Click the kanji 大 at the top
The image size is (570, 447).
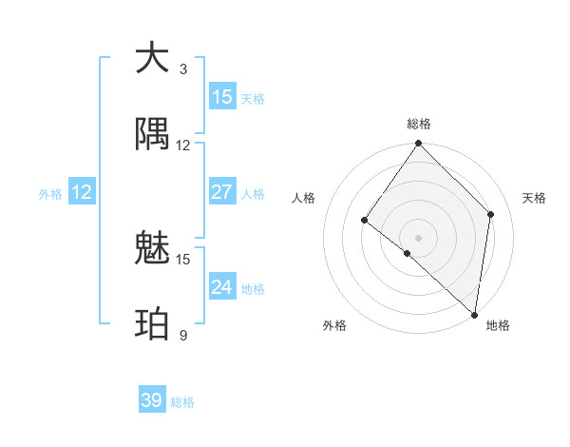152,58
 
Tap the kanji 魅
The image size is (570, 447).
152,248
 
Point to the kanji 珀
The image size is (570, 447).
152,324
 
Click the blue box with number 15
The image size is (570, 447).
222,97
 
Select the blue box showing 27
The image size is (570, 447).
222,192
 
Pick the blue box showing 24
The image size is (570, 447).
222,287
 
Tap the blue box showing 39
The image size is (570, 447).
152,400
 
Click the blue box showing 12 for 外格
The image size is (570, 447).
82,192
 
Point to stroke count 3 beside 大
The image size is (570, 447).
183,69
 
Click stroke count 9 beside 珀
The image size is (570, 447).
183,336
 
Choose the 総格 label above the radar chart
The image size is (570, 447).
419,124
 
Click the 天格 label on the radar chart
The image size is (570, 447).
534,198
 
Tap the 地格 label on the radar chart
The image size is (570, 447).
498,325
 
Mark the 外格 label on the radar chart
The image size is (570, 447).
334,325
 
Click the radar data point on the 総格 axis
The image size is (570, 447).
419,144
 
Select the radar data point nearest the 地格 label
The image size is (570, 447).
474,314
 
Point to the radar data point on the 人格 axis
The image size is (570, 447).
365,221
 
